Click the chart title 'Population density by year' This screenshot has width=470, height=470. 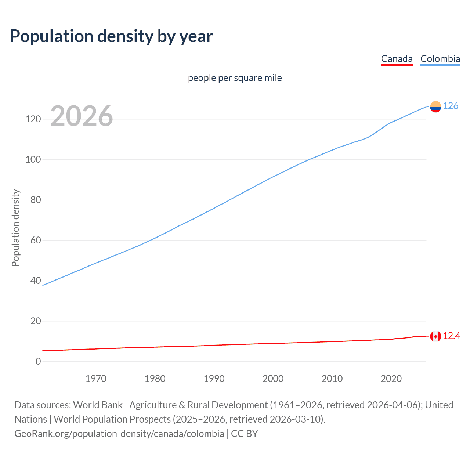pyautogui.click(x=111, y=36)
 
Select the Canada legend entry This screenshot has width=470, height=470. pyautogui.click(x=397, y=59)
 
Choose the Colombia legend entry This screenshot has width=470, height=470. pyautogui.click(x=440, y=59)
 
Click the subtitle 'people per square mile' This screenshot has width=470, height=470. pyautogui.click(x=235, y=78)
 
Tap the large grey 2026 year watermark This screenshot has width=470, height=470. pyautogui.click(x=82, y=116)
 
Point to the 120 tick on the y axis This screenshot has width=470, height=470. pyautogui.click(x=33, y=119)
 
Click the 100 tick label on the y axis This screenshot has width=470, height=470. pyautogui.click(x=33, y=160)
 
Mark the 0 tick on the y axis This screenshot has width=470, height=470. pyautogui.click(x=38, y=361)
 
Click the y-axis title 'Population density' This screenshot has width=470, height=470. pyautogui.click(x=15, y=228)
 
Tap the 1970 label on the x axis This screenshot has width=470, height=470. pyautogui.click(x=96, y=379)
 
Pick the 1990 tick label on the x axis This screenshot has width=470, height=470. pyautogui.click(x=214, y=379)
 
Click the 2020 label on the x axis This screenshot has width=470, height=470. pyautogui.click(x=391, y=379)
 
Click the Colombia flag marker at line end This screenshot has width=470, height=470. pyautogui.click(x=435, y=106)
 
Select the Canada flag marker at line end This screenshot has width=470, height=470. pyautogui.click(x=435, y=336)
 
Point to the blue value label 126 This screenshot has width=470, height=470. pyautogui.click(x=451, y=106)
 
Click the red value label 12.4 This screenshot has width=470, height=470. pyautogui.click(x=451, y=336)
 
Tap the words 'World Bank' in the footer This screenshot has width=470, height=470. pyautogui.click(x=98, y=405)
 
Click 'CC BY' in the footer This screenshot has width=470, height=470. pyautogui.click(x=245, y=434)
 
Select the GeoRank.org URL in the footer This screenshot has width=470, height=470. pyautogui.click(x=119, y=434)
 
